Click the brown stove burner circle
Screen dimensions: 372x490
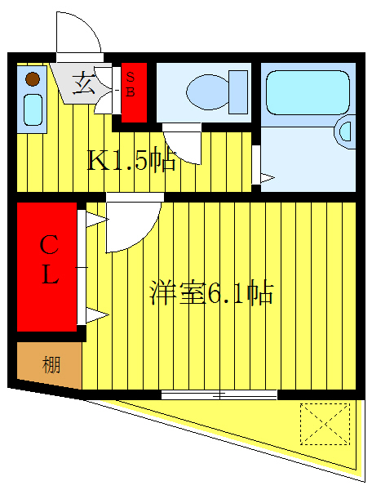[x=33, y=79]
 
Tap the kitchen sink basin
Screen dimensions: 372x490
[x=33, y=109]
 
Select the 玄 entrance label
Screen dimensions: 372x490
[x=83, y=82]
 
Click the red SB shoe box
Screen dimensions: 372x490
[x=134, y=92]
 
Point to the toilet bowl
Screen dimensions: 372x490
[x=207, y=91]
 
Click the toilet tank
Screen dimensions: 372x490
[x=238, y=91]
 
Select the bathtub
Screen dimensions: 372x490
[x=308, y=92]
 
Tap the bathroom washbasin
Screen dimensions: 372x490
[x=345, y=131]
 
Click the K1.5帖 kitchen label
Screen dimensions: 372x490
[x=131, y=160]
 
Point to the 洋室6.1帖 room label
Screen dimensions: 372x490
[x=211, y=293]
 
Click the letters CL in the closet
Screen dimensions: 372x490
[x=49, y=260]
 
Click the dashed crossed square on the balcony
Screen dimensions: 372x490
[x=325, y=424]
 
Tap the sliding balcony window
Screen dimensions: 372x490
[x=219, y=395]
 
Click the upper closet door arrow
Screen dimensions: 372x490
[x=97, y=220]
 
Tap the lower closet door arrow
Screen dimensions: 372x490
[x=97, y=315]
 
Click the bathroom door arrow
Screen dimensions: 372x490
[x=268, y=178]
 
